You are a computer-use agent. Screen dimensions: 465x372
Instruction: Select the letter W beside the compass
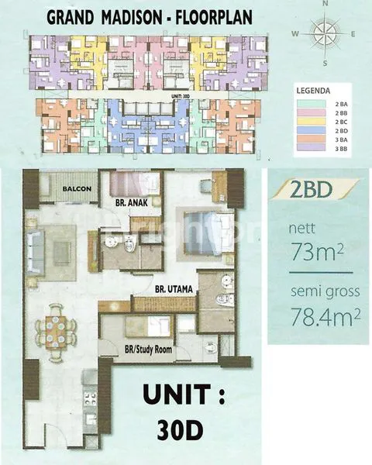click(x=295, y=33)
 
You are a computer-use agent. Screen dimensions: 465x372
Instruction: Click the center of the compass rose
click(x=324, y=33)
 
